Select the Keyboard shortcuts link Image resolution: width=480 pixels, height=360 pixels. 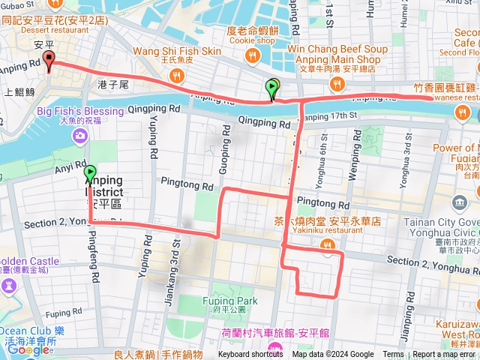pyautogui.click(x=250, y=355)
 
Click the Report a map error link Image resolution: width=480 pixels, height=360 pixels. pyautogui.click(x=444, y=355)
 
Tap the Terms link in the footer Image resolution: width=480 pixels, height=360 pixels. pyautogui.click(x=393, y=355)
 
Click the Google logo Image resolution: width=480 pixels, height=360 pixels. pyautogui.click(x=28, y=349)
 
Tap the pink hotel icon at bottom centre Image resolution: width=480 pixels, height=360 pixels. pyautogui.click(x=275, y=348)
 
